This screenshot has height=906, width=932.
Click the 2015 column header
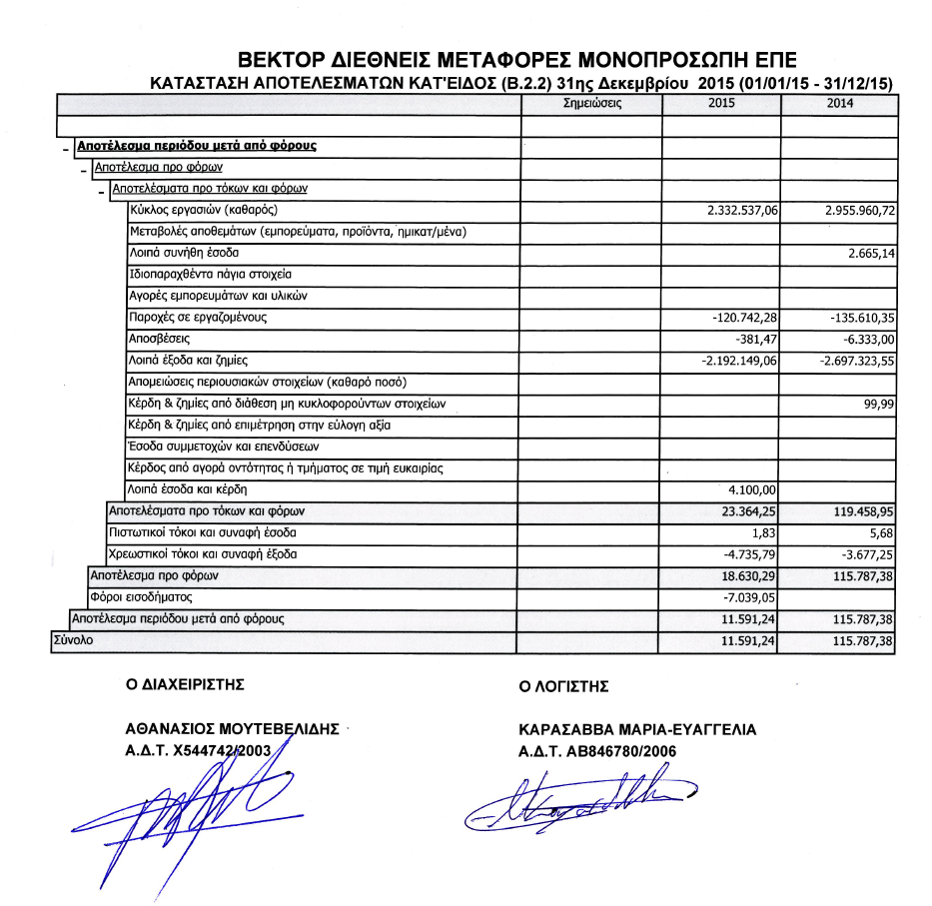click(x=721, y=103)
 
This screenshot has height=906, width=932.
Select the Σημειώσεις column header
click(x=592, y=103)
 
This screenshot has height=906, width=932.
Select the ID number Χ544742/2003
click(x=230, y=750)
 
